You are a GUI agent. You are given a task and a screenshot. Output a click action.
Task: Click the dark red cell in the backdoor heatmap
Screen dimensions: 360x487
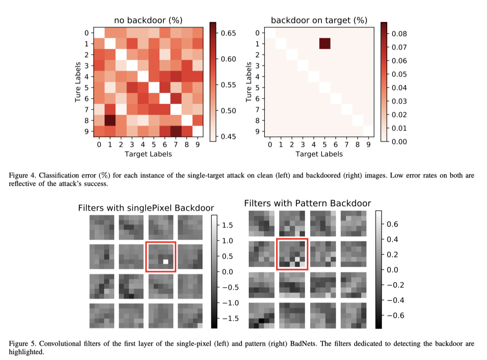[325, 44]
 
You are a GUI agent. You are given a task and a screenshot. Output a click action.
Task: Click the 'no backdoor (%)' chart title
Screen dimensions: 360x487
[148, 20]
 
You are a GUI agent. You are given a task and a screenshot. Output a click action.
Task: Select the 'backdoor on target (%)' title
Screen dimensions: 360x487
[319, 20]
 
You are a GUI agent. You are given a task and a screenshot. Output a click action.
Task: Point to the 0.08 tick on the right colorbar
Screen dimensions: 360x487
[400, 33]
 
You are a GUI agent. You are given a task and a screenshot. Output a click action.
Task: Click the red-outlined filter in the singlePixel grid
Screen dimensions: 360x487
[161, 257]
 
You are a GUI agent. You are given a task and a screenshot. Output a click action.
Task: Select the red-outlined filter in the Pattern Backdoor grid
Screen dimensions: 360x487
[292, 254]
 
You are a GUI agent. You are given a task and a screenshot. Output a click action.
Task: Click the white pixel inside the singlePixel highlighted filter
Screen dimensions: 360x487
[166, 262]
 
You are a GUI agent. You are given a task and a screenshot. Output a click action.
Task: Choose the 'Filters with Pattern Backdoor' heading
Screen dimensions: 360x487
[308, 203]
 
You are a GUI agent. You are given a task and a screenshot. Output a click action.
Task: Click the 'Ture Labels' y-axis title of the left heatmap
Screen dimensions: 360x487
[78, 82]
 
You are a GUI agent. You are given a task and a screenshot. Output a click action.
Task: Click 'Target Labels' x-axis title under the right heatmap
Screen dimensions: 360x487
[319, 154]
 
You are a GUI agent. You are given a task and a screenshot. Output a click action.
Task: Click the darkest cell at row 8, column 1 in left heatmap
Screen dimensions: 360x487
[110, 120]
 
